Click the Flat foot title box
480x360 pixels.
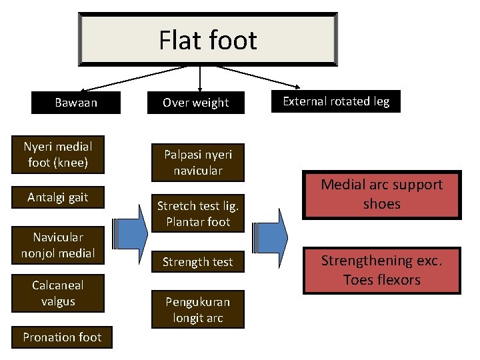(207, 41)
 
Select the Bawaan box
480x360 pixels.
(76, 103)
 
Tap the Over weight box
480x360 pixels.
(196, 103)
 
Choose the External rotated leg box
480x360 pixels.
(336, 101)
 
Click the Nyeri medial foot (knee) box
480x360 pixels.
(58, 154)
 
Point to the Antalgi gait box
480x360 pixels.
(58, 197)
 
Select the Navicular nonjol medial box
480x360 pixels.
(58, 245)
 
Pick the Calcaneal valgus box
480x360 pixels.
(58, 293)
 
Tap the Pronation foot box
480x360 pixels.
(62, 337)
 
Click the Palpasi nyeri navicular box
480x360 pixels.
(197, 162)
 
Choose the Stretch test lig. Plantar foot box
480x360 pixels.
(197, 213)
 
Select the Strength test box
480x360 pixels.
(197, 262)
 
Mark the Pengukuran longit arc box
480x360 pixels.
(197, 309)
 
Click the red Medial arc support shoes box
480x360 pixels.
(381, 194)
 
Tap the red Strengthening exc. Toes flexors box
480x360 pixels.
(381, 269)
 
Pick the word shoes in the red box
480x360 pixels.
(381, 204)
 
